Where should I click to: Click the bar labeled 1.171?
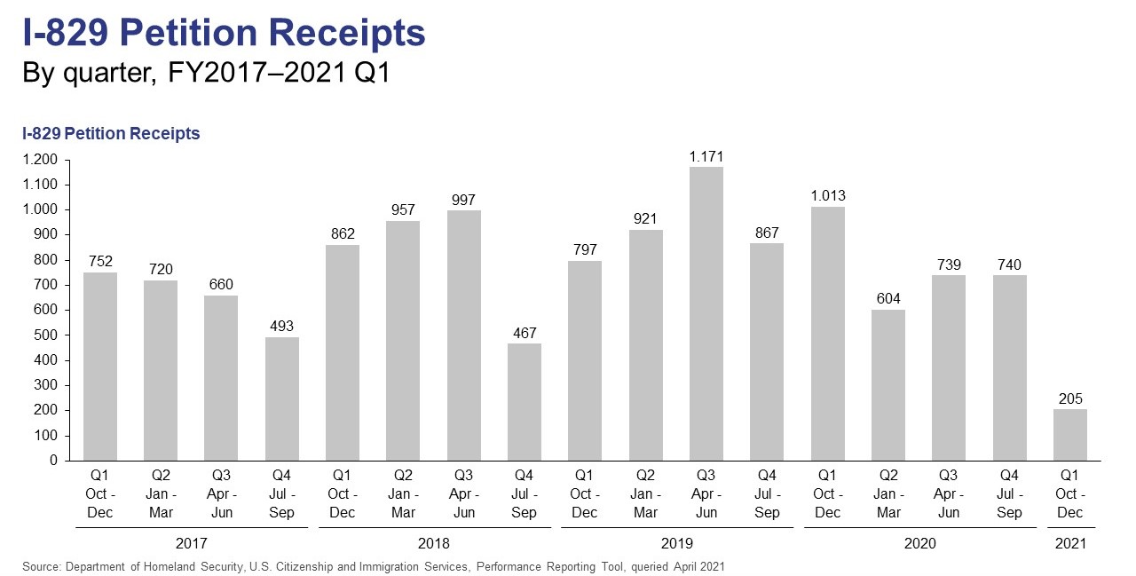tap(706, 313)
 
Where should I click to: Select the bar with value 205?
tap(1070, 435)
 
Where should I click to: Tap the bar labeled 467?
tap(525, 402)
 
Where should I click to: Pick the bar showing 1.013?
tap(828, 334)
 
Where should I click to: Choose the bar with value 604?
tap(888, 385)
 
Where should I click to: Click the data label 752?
tap(100, 261)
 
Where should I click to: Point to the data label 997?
tap(464, 200)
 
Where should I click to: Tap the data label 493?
tap(282, 326)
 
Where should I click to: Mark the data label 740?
tap(1010, 264)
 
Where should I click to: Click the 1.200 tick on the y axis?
tap(42, 161)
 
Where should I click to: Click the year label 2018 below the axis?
tap(433, 543)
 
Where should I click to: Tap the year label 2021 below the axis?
tap(1070, 543)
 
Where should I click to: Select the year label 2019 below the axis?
tap(676, 543)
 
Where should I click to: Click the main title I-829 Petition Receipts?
tap(224, 34)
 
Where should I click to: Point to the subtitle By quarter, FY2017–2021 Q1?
tap(206, 74)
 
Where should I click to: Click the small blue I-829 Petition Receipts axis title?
tap(111, 134)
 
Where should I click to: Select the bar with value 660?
tap(221, 378)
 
